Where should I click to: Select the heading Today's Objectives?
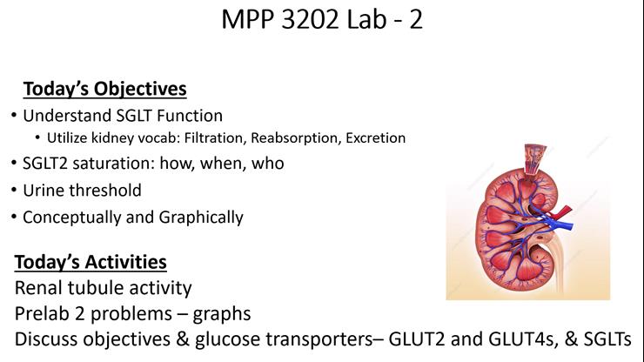pyautogui.click(x=104, y=89)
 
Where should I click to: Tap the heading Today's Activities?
pyautogui.click(x=91, y=261)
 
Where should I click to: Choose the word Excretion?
pyautogui.click(x=376, y=137)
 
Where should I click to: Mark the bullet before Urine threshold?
pyautogui.click(x=13, y=191)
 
